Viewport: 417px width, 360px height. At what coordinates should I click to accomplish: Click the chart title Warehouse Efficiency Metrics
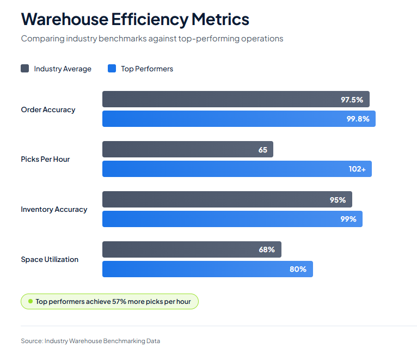click(x=135, y=20)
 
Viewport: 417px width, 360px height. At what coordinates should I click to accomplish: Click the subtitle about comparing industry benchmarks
click(x=152, y=39)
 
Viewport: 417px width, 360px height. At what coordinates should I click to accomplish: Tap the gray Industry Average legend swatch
click(x=25, y=69)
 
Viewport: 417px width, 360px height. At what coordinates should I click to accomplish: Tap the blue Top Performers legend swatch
click(x=112, y=69)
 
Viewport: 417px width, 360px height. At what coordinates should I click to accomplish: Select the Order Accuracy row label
click(x=48, y=109)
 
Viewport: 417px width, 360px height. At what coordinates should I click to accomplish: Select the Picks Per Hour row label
click(x=45, y=160)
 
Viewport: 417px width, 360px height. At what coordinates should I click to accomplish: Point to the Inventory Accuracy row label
click(x=54, y=210)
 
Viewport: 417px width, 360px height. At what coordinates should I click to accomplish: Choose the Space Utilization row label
click(x=50, y=260)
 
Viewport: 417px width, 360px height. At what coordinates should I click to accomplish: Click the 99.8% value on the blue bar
click(x=358, y=119)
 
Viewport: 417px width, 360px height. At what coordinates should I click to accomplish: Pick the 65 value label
click(x=263, y=150)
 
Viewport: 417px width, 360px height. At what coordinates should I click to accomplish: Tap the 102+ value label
click(x=357, y=169)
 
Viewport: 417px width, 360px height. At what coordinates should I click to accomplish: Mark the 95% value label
click(x=338, y=200)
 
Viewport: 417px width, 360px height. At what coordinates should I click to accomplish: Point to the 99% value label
click(x=348, y=219)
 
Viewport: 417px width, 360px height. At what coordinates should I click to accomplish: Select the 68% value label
click(x=267, y=250)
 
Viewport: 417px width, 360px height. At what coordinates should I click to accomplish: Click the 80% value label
click(x=298, y=269)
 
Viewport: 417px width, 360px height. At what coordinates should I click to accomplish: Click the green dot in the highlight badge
click(x=30, y=302)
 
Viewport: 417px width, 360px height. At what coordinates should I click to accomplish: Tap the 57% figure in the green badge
click(x=119, y=302)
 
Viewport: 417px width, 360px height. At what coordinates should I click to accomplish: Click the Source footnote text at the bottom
click(x=90, y=341)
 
